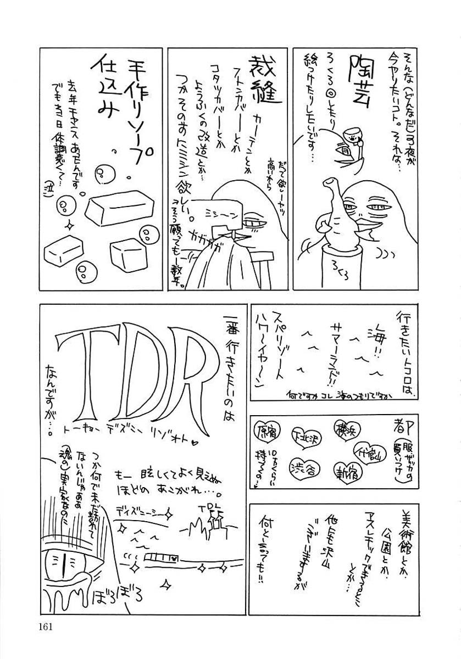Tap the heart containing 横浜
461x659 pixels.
click(345, 428)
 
